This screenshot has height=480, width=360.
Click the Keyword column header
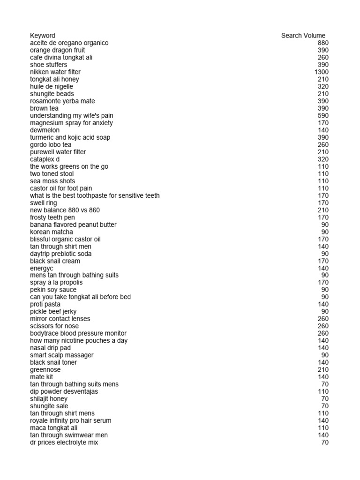(x=42, y=36)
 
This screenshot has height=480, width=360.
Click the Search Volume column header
(x=303, y=36)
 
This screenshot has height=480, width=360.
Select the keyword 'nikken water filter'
(x=55, y=72)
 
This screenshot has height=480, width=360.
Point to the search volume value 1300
(x=322, y=72)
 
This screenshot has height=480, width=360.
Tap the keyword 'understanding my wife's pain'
(x=72, y=115)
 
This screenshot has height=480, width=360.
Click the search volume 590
(x=323, y=115)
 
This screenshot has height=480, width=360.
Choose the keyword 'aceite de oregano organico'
(x=69, y=43)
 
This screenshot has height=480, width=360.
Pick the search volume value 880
(x=323, y=43)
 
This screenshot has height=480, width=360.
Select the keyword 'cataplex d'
(x=45, y=159)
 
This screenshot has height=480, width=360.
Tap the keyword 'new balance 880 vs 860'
(x=65, y=210)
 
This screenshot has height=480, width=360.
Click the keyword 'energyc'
(x=42, y=268)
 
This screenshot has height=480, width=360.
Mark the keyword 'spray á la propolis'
(x=56, y=282)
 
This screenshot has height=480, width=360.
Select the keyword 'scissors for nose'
(x=54, y=326)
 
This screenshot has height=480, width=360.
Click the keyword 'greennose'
(x=45, y=369)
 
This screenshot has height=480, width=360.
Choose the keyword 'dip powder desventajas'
(x=64, y=391)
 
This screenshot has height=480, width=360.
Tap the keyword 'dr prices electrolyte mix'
(x=64, y=442)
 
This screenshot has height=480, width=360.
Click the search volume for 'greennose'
(x=323, y=369)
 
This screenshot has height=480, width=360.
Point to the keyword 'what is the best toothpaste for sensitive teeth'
(x=95, y=195)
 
